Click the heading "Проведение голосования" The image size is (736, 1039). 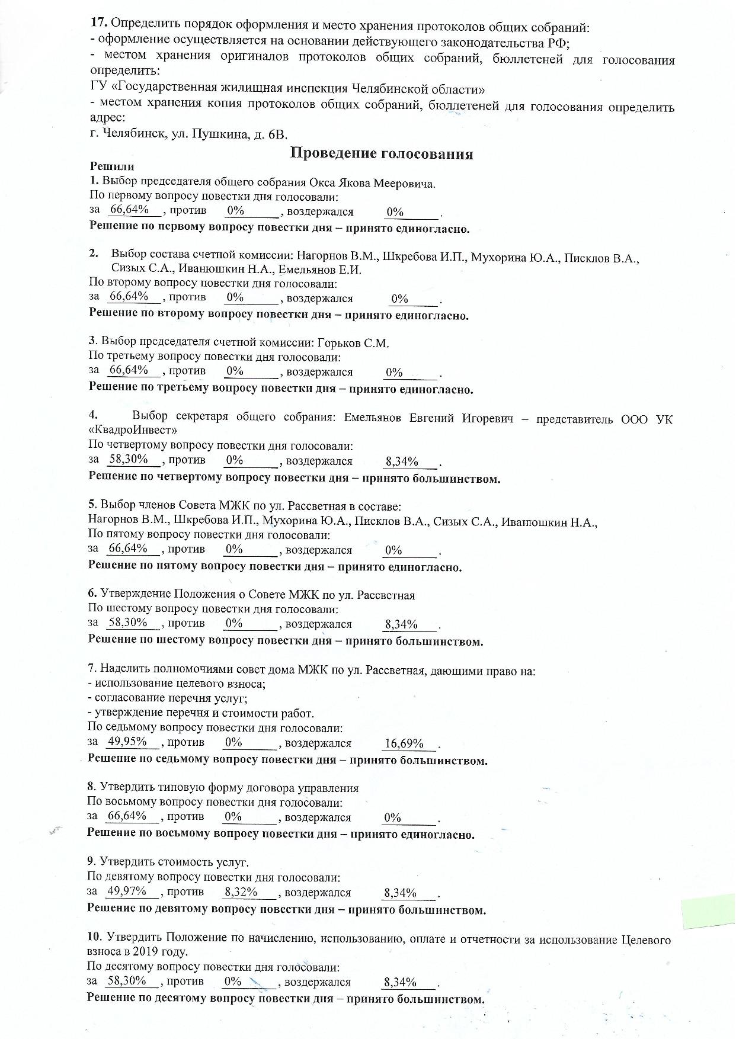pos(382,154)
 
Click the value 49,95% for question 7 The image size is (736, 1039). pos(127,742)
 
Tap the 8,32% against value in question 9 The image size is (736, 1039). pos(241,892)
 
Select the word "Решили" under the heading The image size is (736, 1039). pos(111,167)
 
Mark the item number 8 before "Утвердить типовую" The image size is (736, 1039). pos(91,787)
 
